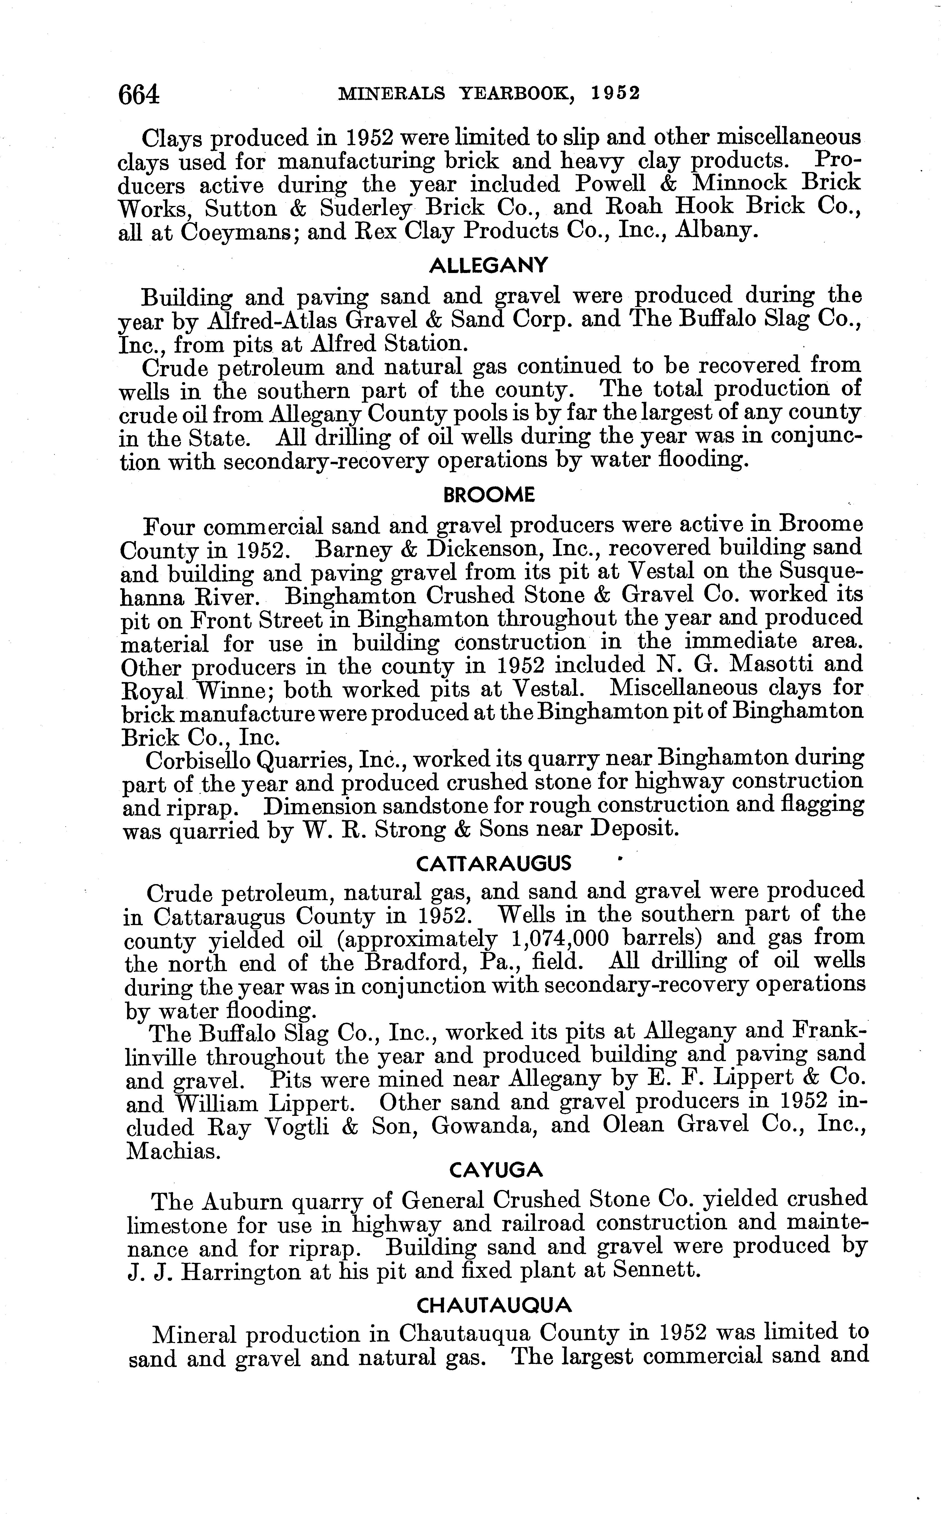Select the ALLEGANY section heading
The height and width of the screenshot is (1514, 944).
click(488, 266)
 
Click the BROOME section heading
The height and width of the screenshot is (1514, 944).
click(489, 496)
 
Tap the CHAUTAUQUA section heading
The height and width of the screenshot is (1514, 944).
click(494, 1305)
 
